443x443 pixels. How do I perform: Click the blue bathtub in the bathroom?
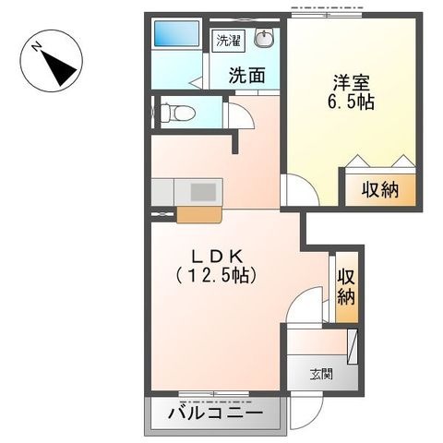point(176,33)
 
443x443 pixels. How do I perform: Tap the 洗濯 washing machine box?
point(228,41)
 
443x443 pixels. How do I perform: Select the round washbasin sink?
point(264,38)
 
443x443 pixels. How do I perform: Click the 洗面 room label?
point(246,75)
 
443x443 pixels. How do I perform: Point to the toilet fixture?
point(178,113)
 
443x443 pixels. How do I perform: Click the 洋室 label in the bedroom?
point(351,83)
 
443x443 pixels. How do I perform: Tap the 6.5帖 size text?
point(351,102)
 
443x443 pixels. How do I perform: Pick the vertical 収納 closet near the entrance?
point(346,287)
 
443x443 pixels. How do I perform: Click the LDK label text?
point(216,256)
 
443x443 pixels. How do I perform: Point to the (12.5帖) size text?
point(216,275)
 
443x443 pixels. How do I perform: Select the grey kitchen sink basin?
point(203,192)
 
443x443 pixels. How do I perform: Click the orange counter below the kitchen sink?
point(199,214)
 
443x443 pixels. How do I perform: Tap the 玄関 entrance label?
point(321,375)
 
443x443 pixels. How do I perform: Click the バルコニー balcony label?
point(216,413)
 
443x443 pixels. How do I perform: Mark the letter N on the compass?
point(37,47)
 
